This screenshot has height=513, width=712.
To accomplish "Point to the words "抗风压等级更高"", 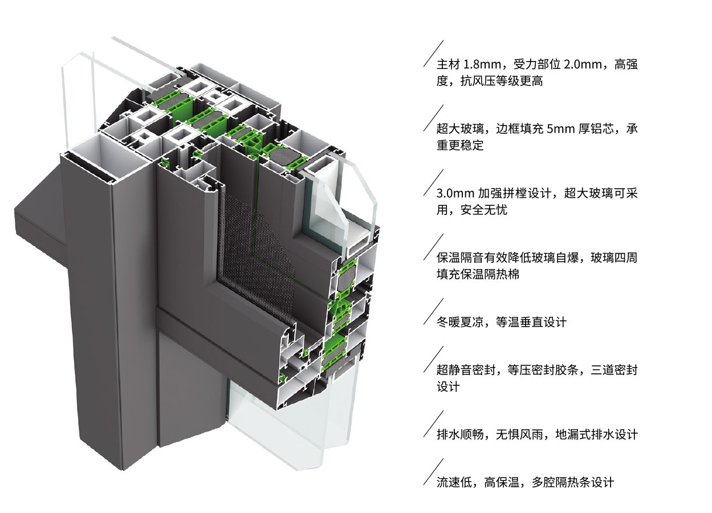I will click(502, 82).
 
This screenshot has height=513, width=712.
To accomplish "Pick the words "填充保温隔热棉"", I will click(478, 275).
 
